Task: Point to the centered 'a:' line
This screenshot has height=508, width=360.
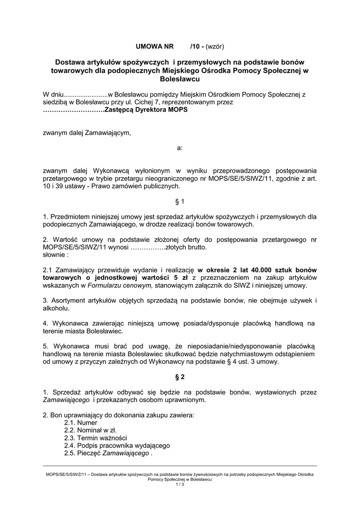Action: click(x=180, y=148)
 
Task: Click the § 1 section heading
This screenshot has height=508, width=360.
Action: click(x=180, y=201)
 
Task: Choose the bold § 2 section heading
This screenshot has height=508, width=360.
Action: click(x=180, y=377)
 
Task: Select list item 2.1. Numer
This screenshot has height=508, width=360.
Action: click(x=80, y=422)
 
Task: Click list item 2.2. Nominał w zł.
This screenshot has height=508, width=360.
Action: click(x=90, y=430)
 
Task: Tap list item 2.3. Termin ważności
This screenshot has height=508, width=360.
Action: click(x=95, y=438)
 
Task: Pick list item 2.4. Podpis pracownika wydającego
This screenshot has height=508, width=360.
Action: click(x=117, y=445)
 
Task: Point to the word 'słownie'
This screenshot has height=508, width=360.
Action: click(x=56, y=254)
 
